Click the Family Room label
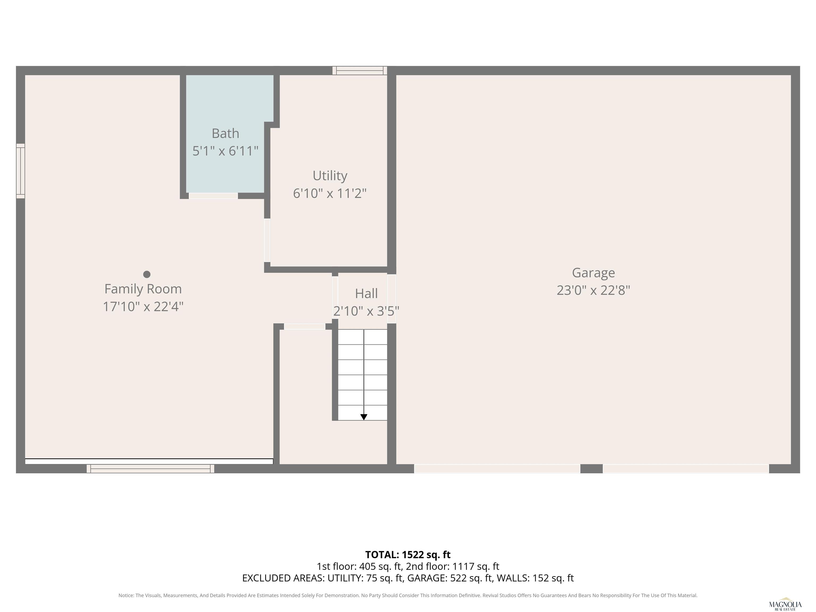143,289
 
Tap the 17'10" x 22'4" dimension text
143,307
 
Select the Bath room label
226,133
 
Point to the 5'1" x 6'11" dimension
226,151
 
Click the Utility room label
330,176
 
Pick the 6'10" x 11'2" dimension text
330,193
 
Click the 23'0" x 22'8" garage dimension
593,291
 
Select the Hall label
366,294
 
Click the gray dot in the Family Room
147,274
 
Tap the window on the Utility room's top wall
360,70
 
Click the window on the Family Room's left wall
21,171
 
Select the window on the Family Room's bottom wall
151,469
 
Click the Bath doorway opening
213,196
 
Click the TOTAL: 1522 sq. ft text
408,554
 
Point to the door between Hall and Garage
392,299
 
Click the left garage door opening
497,469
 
